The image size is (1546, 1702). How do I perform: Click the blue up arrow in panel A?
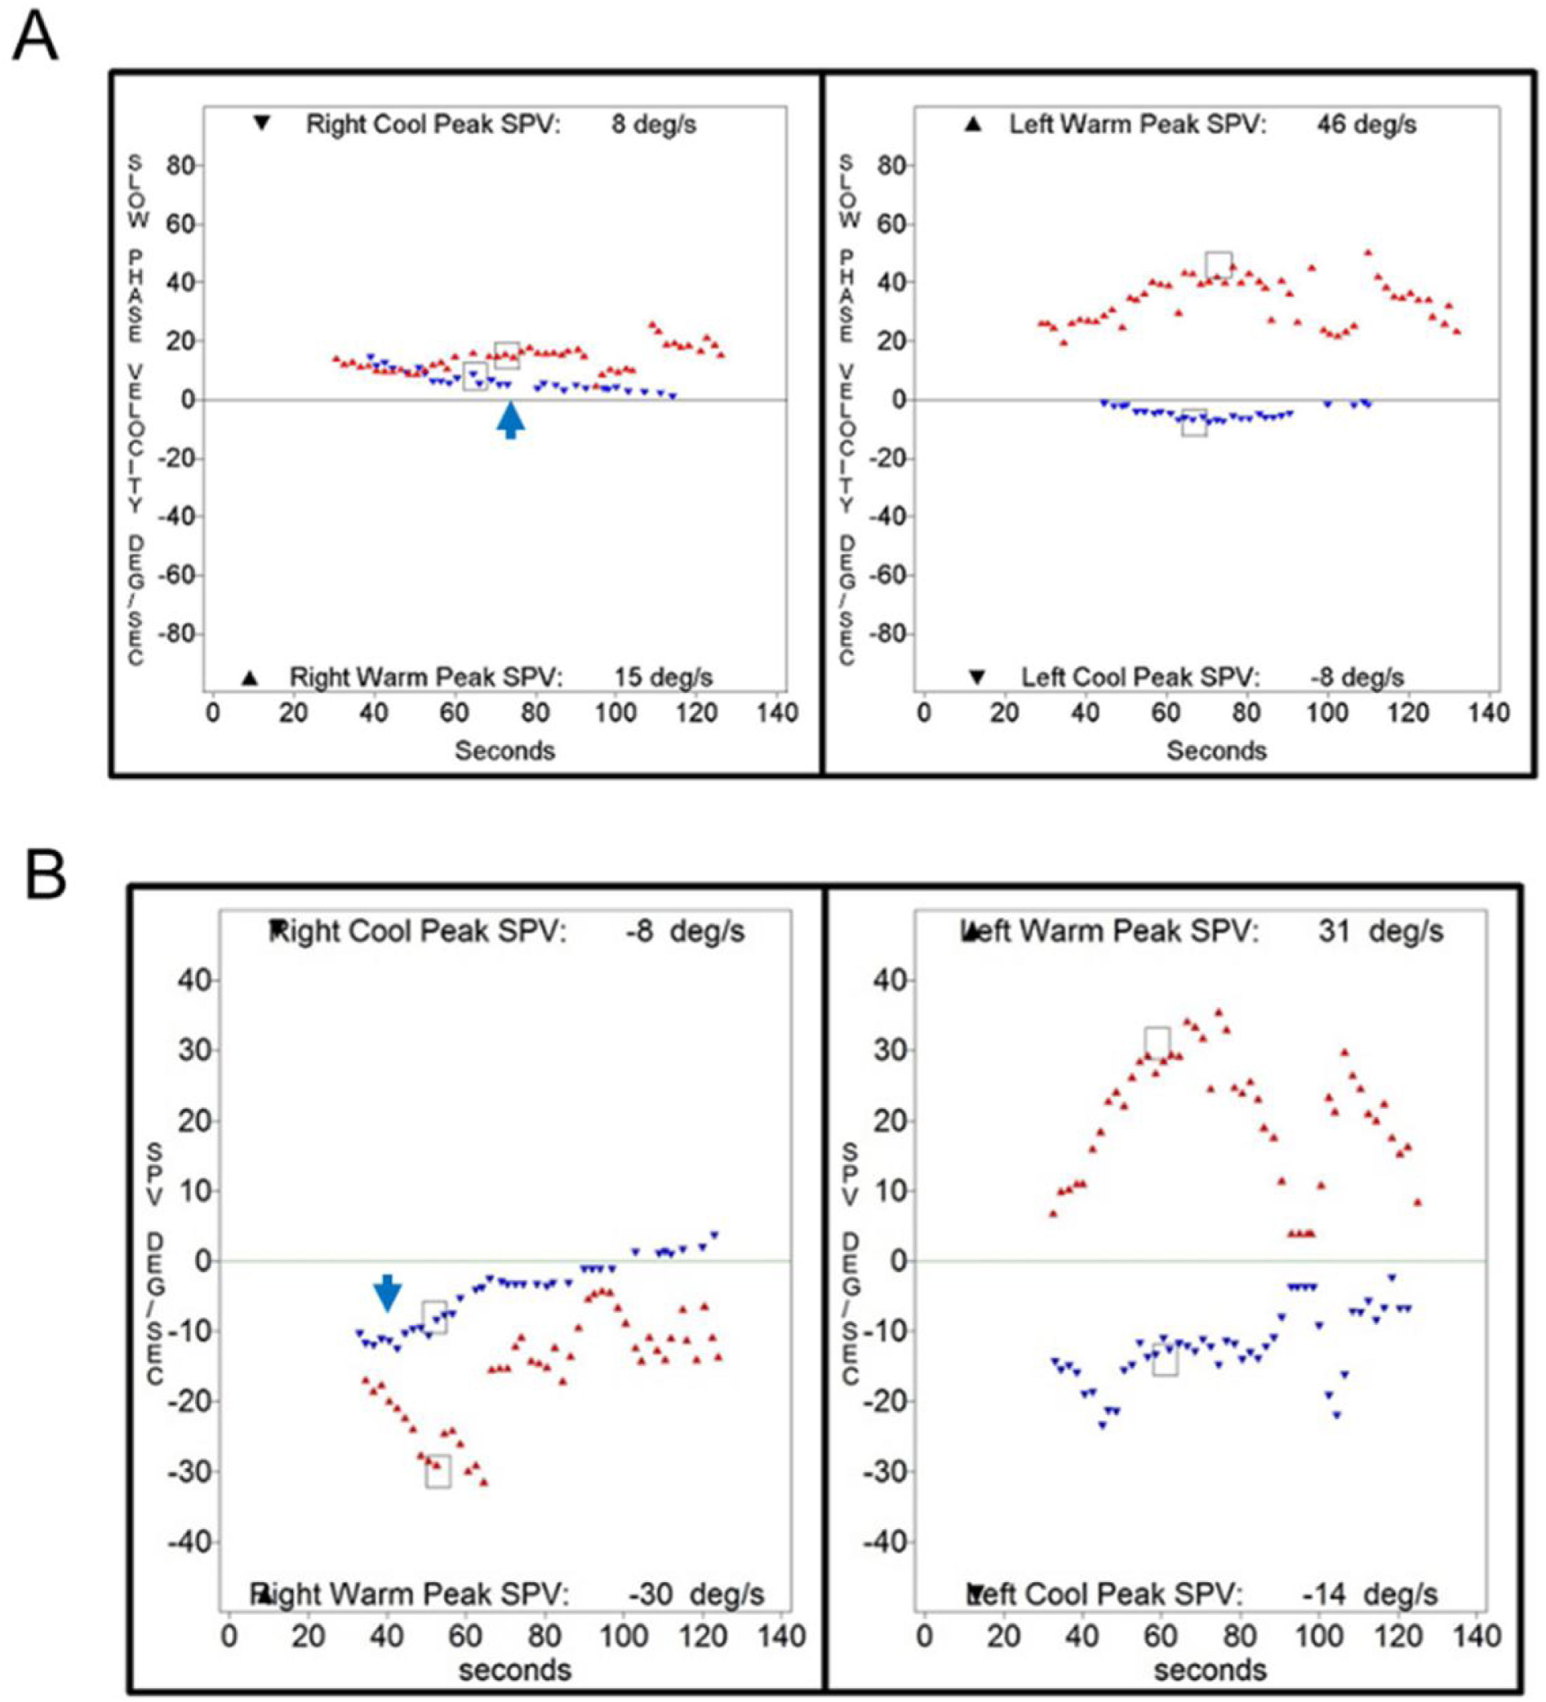(x=510, y=420)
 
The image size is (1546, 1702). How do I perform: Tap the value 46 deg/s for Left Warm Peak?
(x=1365, y=125)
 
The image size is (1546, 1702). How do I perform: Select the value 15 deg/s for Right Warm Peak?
(x=663, y=677)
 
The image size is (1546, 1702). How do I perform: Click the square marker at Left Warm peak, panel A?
(x=1219, y=264)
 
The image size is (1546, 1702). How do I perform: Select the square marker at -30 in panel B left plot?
(x=438, y=1472)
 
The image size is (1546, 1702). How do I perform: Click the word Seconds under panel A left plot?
(x=505, y=751)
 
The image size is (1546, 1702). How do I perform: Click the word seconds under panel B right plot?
(x=1210, y=1670)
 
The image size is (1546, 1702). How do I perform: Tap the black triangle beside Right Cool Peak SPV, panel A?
(x=262, y=123)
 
